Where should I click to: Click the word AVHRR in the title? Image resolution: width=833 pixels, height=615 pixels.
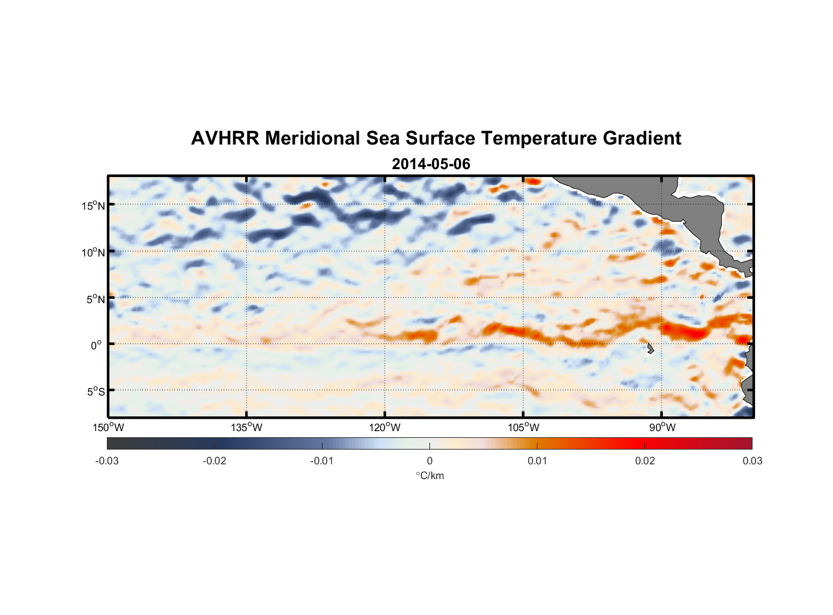[225, 138]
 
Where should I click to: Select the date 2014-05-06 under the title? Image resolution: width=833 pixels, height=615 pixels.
[431, 164]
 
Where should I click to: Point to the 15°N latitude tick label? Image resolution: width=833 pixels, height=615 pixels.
[93, 205]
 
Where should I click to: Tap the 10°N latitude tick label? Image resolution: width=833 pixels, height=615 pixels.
[93, 252]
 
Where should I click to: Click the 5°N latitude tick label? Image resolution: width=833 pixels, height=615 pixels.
[95, 299]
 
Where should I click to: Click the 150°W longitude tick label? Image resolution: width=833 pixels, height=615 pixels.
[108, 427]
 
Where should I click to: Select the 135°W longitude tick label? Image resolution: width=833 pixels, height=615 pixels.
[246, 427]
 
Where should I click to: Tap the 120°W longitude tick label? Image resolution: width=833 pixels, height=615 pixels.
[385, 427]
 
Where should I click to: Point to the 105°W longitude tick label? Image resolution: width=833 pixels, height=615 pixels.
[523, 427]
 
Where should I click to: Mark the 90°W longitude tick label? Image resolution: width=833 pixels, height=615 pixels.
[662, 427]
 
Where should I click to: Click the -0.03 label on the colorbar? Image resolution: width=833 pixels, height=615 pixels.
[107, 461]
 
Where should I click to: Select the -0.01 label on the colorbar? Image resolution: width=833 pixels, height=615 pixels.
[322, 461]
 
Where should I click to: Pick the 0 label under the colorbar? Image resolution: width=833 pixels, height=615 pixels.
[429, 461]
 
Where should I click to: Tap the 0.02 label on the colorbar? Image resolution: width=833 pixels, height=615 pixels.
[645, 461]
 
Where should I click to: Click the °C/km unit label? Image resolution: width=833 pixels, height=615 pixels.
[429, 475]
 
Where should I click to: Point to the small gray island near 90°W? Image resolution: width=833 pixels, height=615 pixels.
[650, 349]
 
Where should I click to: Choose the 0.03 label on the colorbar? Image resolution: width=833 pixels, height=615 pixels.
[752, 461]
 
